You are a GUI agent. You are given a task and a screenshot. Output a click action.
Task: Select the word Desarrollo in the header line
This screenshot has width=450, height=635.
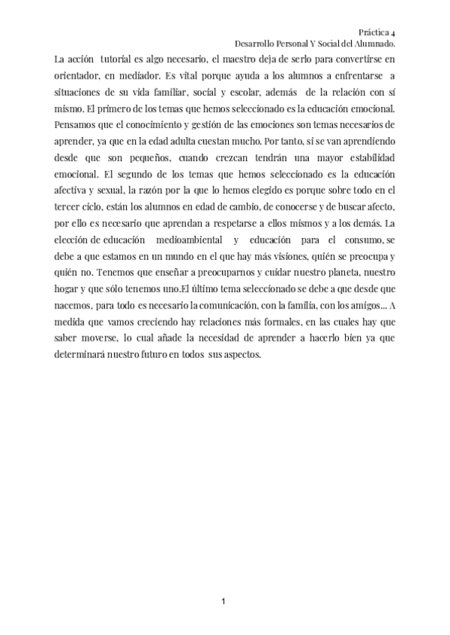(256, 45)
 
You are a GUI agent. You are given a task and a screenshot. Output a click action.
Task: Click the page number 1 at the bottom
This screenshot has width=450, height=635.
(224, 601)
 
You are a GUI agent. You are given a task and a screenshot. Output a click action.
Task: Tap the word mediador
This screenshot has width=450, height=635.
(137, 77)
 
